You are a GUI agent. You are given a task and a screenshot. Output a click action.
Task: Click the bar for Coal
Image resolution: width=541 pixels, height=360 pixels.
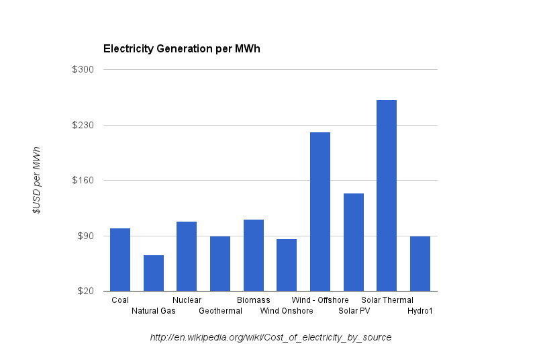[x=120, y=260]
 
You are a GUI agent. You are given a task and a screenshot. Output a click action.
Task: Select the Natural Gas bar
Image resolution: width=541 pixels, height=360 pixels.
[x=154, y=273]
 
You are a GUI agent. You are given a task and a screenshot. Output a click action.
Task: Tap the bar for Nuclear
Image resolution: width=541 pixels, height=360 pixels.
[x=187, y=257]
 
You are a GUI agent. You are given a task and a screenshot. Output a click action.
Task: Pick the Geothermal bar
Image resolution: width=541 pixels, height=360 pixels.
[x=220, y=264]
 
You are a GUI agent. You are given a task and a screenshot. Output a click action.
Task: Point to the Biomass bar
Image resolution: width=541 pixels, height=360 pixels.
[x=254, y=255]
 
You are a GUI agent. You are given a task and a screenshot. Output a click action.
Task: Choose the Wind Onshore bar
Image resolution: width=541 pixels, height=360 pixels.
[x=287, y=265]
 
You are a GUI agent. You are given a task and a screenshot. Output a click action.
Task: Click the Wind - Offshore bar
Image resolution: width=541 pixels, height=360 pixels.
[x=320, y=212]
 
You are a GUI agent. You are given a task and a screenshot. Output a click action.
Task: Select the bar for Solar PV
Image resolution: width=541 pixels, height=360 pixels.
[x=354, y=242]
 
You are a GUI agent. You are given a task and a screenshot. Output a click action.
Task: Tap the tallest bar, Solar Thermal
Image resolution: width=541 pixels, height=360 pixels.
[x=387, y=195]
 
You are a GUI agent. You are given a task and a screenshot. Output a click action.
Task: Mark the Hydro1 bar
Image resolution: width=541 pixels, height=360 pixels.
[x=420, y=264]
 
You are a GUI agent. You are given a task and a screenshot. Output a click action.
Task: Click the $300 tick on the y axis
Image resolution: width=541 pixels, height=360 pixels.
[x=83, y=70]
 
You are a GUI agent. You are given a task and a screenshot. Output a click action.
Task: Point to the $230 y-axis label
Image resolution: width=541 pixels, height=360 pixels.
[x=83, y=126]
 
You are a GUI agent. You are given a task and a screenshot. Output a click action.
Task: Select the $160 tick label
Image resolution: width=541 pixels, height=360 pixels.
[x=83, y=181]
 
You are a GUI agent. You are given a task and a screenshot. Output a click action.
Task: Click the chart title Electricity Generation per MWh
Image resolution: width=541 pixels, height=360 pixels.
[x=181, y=49]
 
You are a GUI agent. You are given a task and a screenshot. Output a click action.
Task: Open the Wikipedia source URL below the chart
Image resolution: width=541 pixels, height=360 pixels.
[x=270, y=337]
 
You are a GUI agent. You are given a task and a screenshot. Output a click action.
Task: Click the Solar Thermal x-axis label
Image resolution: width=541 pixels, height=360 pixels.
[x=387, y=300]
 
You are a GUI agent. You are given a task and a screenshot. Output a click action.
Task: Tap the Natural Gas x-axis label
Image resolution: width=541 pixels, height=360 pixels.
[x=153, y=311]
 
